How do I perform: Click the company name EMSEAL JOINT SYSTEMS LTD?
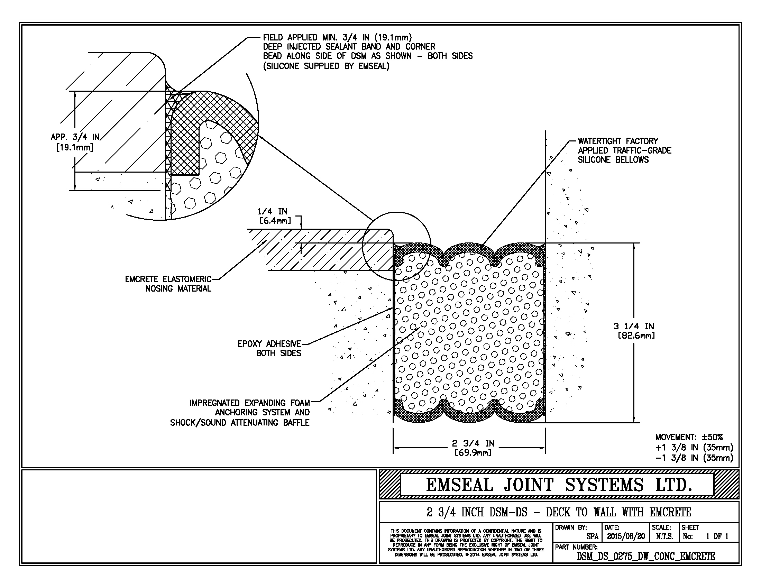click(x=559, y=485)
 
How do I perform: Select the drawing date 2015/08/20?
click(x=626, y=536)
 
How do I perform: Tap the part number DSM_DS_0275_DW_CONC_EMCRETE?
click(x=646, y=557)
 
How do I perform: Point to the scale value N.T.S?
click(x=664, y=536)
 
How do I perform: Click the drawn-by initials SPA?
click(x=592, y=537)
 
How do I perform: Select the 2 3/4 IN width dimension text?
click(x=473, y=448)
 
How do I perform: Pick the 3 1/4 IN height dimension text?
click(x=634, y=331)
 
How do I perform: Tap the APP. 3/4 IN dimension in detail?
click(x=75, y=142)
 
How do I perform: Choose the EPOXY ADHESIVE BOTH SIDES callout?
click(x=269, y=348)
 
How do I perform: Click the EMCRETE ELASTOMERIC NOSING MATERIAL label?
click(x=168, y=284)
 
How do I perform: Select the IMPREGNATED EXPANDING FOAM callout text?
click(x=249, y=413)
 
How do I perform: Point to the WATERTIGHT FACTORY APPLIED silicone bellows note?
click(x=624, y=150)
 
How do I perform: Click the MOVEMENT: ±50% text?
click(x=689, y=437)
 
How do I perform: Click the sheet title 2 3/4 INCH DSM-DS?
click(x=559, y=512)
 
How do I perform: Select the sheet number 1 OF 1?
click(x=717, y=536)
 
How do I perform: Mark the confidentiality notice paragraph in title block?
click(x=466, y=543)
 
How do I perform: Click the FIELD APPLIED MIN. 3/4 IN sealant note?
click(x=368, y=52)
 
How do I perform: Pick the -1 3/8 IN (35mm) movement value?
click(x=694, y=458)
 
